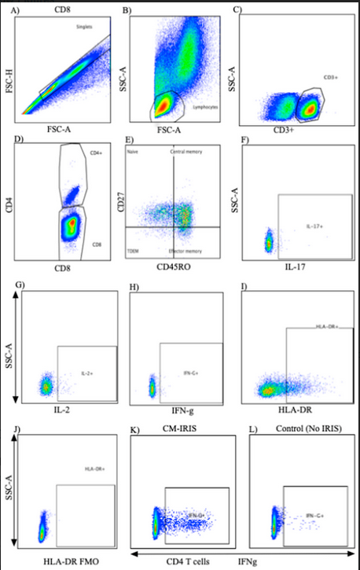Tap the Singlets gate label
coord(85,27)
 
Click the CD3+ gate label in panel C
coord(329,77)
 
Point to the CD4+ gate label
coord(97,153)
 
